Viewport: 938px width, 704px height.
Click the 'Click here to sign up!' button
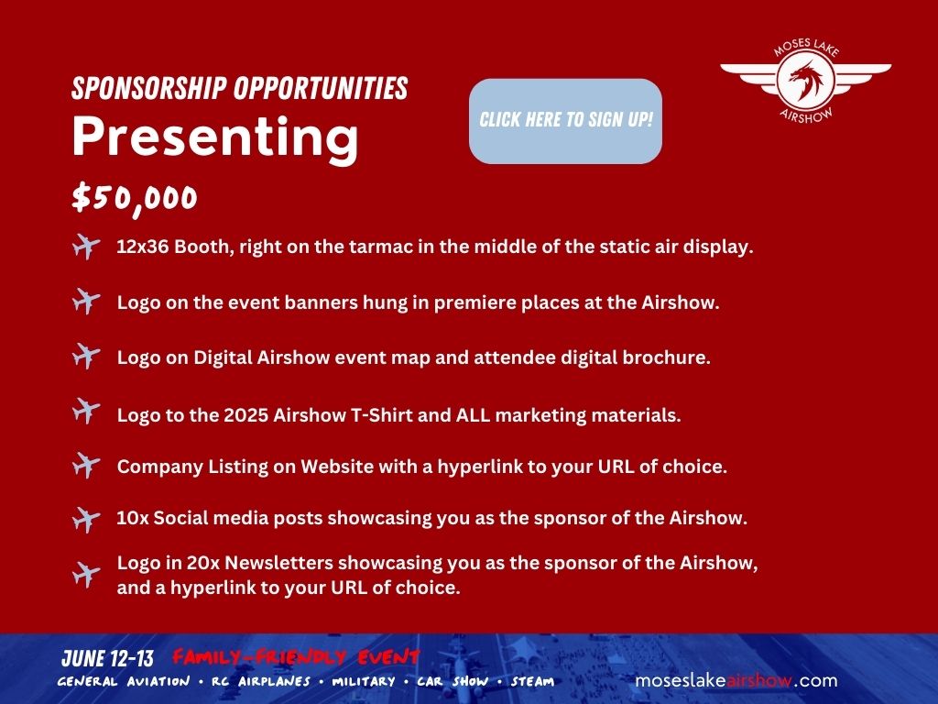coord(565,121)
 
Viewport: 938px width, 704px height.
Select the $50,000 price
coord(135,198)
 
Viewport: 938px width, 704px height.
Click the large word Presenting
coord(215,137)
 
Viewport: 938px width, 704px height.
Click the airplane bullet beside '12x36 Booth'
coord(86,246)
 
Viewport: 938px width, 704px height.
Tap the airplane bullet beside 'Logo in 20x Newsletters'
coord(86,575)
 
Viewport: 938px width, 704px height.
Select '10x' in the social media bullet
coord(132,518)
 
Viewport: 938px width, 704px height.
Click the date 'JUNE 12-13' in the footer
coord(108,658)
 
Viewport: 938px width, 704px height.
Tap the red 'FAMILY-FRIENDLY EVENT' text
coord(296,657)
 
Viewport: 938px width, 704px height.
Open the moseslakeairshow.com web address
coord(736,681)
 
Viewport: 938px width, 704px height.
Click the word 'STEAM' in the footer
coord(532,681)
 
